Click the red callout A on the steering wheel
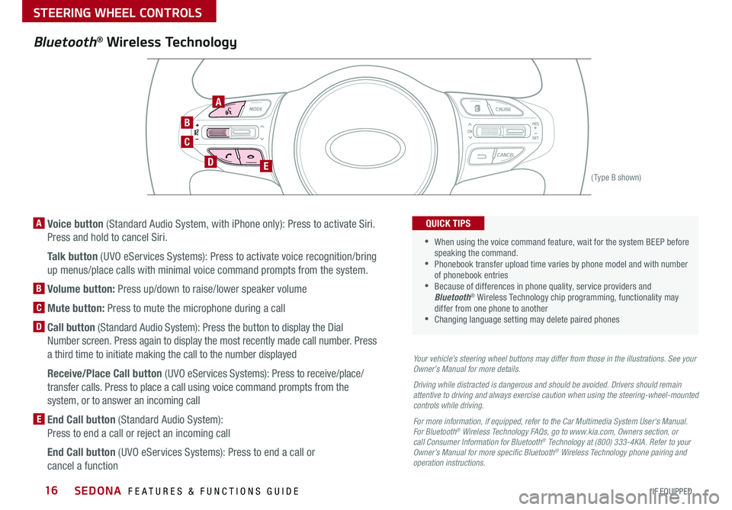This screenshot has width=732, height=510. tap(218, 101)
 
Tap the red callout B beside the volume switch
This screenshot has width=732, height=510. tap(187, 122)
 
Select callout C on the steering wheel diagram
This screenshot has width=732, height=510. tap(187, 141)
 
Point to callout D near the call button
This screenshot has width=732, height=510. tap(210, 162)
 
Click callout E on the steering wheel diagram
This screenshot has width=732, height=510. tap(265, 165)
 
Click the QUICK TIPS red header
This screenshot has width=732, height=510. tap(448, 223)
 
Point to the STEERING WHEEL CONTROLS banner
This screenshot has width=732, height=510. tap(119, 11)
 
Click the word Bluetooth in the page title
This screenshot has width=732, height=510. tap(65, 42)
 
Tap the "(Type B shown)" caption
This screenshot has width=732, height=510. tap(616, 178)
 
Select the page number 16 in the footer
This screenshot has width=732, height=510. tap(51, 490)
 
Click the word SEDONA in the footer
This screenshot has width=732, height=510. tap(98, 490)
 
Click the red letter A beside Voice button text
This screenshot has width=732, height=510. tap(39, 223)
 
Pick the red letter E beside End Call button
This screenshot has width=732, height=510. tap(39, 419)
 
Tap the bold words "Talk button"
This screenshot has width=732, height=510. tap(72, 256)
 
